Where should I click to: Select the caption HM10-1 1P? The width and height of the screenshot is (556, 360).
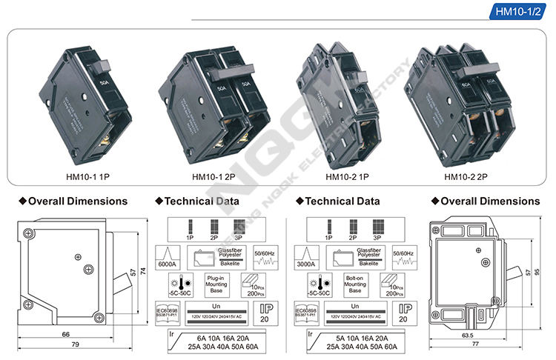click(x=86, y=176)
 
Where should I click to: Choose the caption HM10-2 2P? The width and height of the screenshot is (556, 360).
click(x=469, y=176)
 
